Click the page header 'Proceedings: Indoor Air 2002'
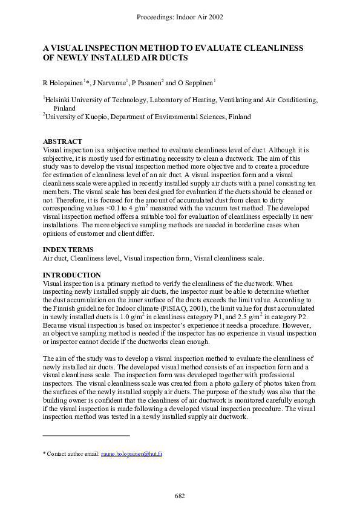click(180, 17)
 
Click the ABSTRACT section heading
click(62, 141)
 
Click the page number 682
click(180, 496)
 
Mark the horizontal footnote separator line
click(86, 435)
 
